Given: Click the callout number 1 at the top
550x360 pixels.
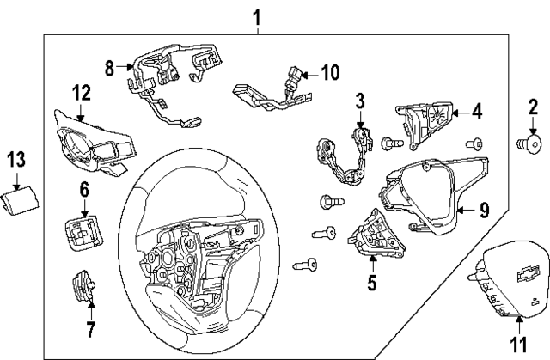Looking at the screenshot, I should (x=256, y=15).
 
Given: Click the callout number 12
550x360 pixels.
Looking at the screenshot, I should (x=81, y=93).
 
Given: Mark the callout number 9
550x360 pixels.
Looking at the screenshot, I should (x=485, y=208).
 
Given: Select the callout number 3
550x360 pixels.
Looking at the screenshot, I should (x=361, y=102).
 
